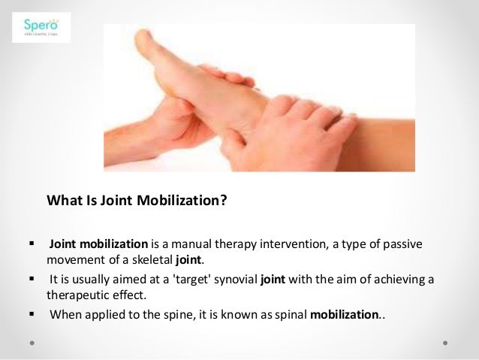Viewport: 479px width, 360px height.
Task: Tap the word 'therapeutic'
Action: [78, 295]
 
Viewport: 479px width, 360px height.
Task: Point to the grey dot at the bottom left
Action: [33, 340]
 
